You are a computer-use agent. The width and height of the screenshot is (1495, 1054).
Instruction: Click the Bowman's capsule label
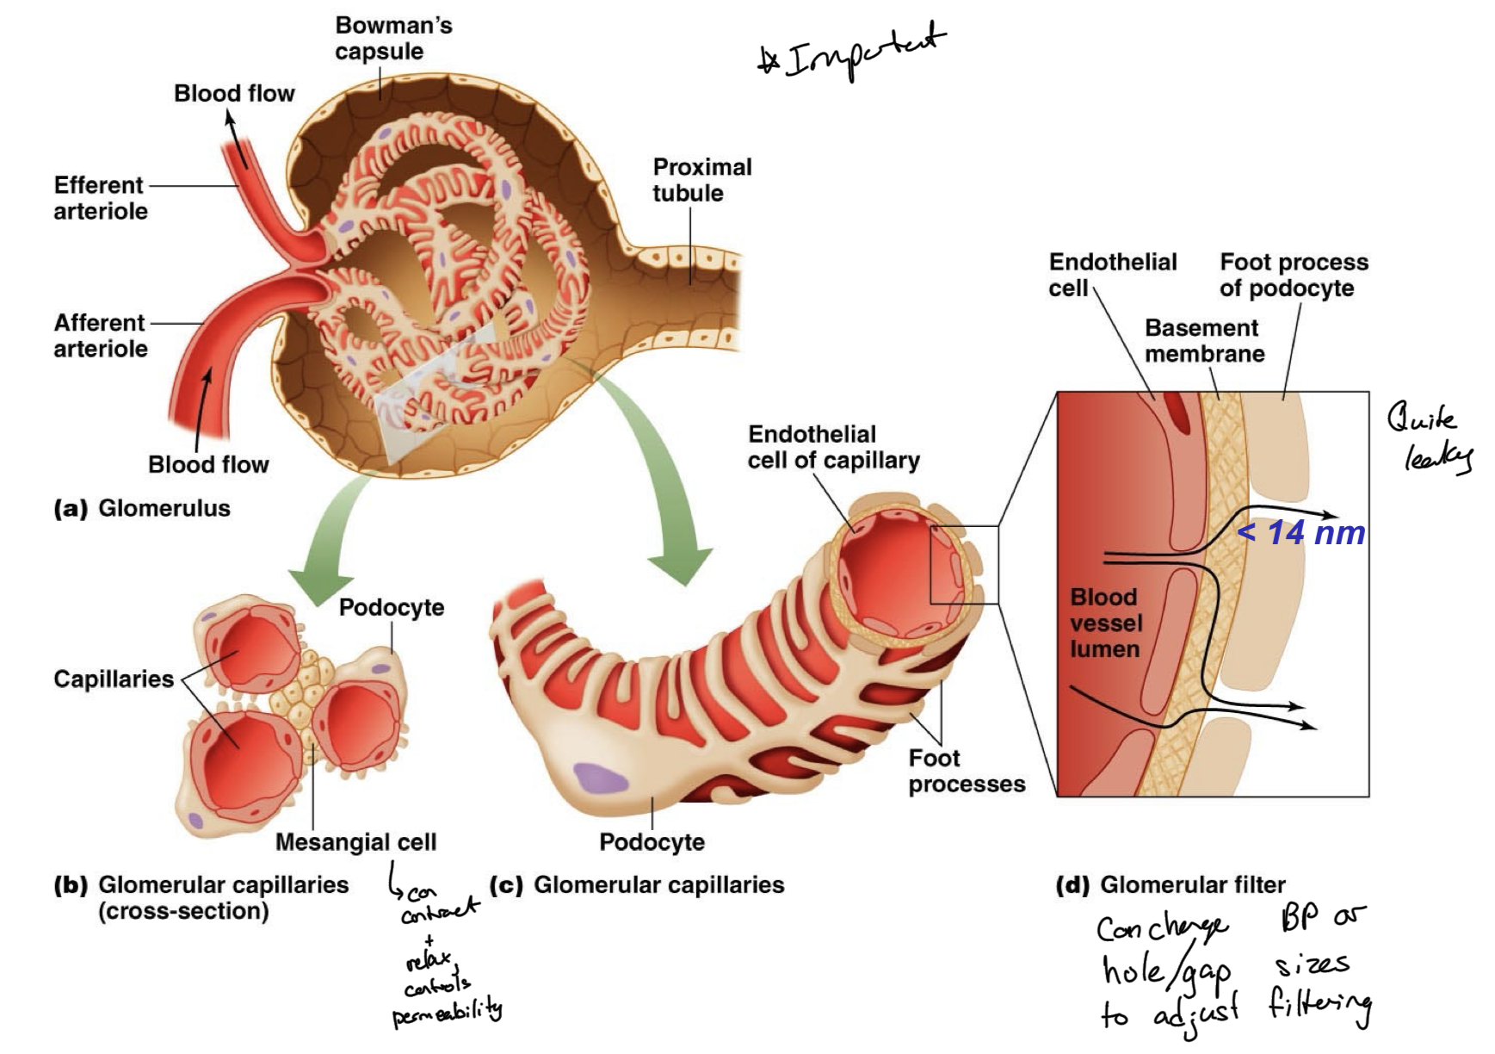pyautogui.click(x=392, y=39)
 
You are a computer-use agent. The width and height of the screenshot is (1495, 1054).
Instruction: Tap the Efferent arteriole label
pyautogui.click(x=100, y=198)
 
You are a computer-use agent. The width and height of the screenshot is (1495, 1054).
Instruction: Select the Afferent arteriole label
pyautogui.click(x=100, y=336)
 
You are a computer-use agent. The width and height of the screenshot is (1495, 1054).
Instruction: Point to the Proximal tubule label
pyautogui.click(x=701, y=180)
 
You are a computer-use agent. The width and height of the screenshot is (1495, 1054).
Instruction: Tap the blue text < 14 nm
pyautogui.click(x=1300, y=534)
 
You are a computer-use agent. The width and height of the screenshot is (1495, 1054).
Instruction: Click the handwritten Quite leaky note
pyautogui.click(x=1430, y=439)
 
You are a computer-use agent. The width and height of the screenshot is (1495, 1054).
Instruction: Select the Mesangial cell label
pyautogui.click(x=355, y=842)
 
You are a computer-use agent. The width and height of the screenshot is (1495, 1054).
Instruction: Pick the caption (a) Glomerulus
pyautogui.click(x=142, y=508)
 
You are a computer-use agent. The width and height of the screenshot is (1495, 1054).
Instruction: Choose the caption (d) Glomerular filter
pyautogui.click(x=1170, y=885)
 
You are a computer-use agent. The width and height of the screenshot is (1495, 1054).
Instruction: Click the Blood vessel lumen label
pyautogui.click(x=1106, y=623)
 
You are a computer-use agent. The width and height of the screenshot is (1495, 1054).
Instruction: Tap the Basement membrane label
pyautogui.click(x=1203, y=341)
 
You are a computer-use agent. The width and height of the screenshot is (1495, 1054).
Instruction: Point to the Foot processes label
pyautogui.click(x=966, y=772)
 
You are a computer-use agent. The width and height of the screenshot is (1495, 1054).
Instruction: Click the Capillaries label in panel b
pyautogui.click(x=114, y=679)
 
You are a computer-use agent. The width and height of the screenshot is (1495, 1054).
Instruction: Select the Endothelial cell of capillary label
pyautogui.click(x=832, y=448)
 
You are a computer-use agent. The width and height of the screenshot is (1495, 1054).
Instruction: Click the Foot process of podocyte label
pyautogui.click(x=1293, y=275)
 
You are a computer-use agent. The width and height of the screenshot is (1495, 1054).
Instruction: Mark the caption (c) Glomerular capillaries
pyautogui.click(x=636, y=885)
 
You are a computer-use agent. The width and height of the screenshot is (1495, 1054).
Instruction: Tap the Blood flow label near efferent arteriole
pyautogui.click(x=234, y=94)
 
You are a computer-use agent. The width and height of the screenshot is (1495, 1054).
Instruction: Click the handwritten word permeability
pyautogui.click(x=447, y=1012)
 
